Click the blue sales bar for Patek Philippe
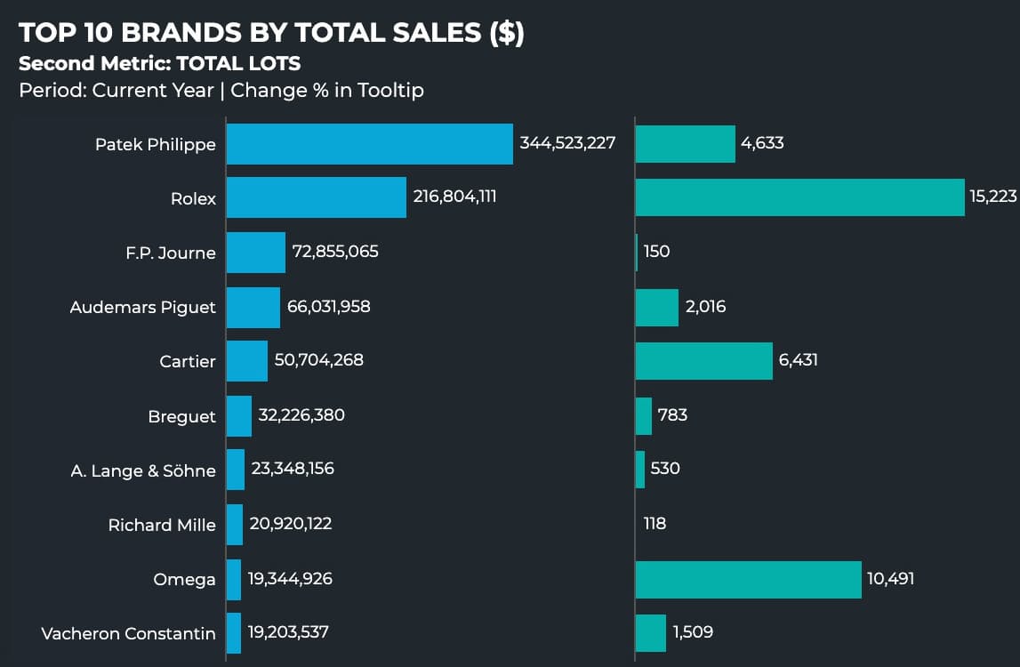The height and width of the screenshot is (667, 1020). click(x=369, y=144)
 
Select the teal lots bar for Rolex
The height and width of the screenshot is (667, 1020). click(x=799, y=197)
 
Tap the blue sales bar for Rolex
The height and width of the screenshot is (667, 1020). click(x=316, y=197)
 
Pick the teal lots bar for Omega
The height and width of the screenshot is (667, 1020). click(x=748, y=580)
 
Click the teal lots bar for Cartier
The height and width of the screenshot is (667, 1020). click(x=703, y=361)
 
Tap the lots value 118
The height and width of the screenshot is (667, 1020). click(x=655, y=524)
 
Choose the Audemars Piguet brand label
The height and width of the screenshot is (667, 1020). click(x=143, y=308)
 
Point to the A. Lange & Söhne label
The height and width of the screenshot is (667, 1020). click(x=143, y=471)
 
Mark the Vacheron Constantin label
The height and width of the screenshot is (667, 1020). click(x=128, y=634)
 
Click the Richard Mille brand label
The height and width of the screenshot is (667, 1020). click(x=162, y=526)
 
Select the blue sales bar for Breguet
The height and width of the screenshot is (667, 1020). click(x=239, y=416)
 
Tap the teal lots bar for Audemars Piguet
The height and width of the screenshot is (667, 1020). click(x=657, y=307)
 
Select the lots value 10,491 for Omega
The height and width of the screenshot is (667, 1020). click(x=890, y=579)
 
